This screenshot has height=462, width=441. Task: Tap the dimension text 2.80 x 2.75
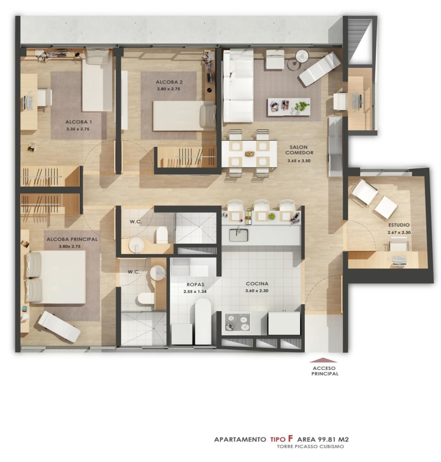[x=168, y=89]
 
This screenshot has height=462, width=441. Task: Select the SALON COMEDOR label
[x=299, y=150]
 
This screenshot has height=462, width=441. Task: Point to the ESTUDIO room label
[x=398, y=225]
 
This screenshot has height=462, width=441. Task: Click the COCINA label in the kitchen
[x=257, y=284]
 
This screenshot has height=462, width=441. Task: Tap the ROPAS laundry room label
[x=195, y=285]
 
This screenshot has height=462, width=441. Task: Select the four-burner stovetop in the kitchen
[x=238, y=323]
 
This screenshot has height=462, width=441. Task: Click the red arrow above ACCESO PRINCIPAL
[x=323, y=360]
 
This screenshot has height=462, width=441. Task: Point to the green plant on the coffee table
[x=301, y=106]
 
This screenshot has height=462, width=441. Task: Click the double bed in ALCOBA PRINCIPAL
[x=56, y=277]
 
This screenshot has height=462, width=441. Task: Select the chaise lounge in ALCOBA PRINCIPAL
[x=60, y=327]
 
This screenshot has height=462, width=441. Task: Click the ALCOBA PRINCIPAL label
[x=72, y=239]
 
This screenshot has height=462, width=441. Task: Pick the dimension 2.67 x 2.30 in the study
[x=399, y=232]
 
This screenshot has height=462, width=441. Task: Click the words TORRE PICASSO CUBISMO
[x=310, y=446]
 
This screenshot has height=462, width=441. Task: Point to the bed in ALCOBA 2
[x=184, y=115]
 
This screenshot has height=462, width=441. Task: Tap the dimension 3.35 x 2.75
[x=78, y=129]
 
